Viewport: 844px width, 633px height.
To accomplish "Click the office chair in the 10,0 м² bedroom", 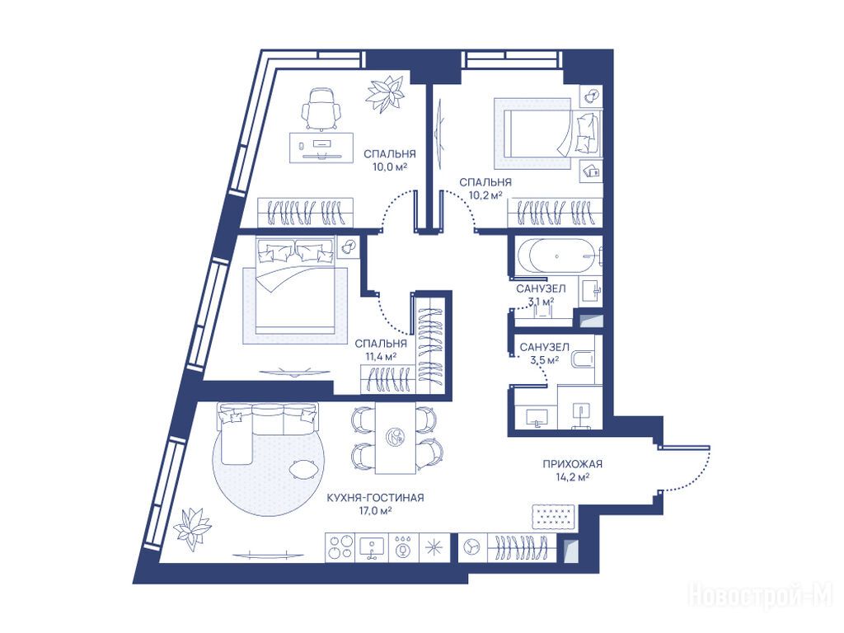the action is coord(321,110).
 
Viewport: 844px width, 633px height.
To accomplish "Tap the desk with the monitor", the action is coord(322,148).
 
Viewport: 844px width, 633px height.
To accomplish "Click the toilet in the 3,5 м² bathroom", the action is coord(582,360).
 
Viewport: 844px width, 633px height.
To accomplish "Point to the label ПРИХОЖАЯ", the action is coord(572,464).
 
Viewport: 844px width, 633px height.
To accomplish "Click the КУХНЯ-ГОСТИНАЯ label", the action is coord(375,498).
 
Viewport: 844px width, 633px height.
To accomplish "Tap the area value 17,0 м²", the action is coord(375,510).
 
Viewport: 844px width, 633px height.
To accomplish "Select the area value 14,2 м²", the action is coord(572,476).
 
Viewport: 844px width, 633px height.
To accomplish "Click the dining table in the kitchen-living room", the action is coord(395,438).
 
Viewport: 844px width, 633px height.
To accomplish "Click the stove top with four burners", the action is coord(340,548).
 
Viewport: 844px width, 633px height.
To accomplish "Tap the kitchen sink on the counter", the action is coord(371,548).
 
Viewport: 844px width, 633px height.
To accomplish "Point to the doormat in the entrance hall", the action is coord(555,516).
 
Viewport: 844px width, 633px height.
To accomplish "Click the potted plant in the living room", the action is coord(192,528).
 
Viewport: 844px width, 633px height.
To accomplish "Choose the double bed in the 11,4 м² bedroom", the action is coord(296,286).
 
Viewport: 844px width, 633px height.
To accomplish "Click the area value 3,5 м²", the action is coord(544,360).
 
